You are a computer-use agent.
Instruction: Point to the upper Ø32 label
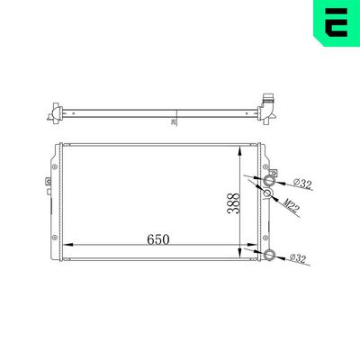coord(301,184)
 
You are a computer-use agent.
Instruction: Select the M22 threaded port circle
coord(268,193)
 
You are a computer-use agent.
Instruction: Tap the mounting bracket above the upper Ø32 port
coord(266,162)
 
